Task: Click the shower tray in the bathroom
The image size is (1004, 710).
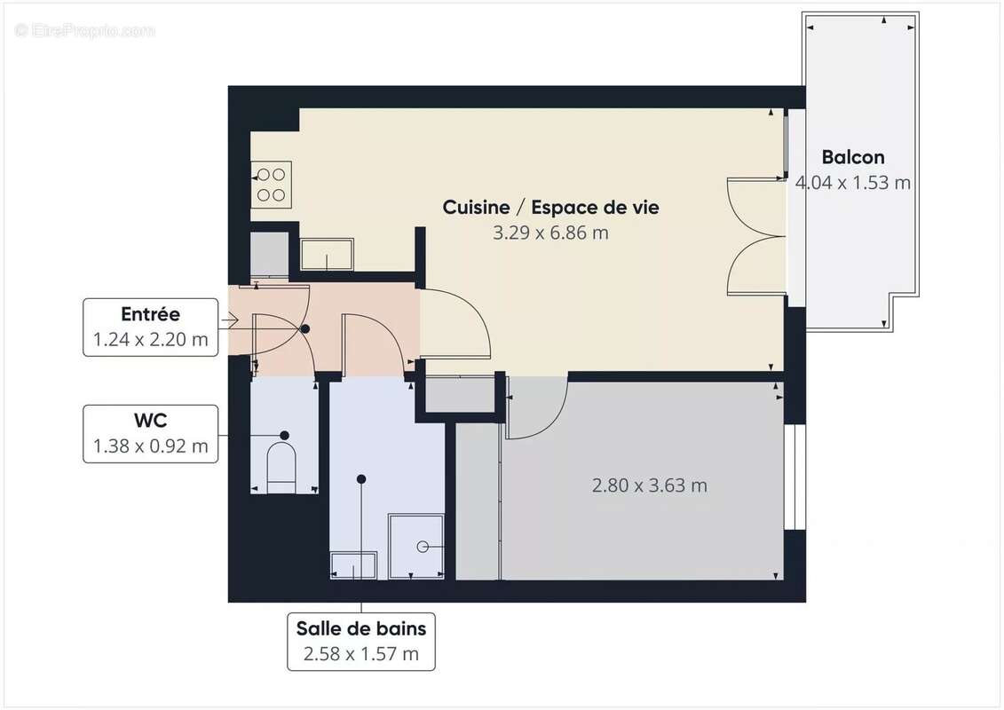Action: (x=416, y=545)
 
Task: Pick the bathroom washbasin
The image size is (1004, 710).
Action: (x=353, y=564)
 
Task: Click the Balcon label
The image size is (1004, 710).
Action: (x=852, y=157)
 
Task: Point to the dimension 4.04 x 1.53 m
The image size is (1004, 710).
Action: (x=852, y=183)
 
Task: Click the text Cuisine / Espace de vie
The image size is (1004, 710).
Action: (x=550, y=207)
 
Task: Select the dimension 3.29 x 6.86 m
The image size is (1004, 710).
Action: (x=550, y=233)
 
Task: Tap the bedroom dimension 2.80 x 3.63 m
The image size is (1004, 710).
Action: (x=649, y=485)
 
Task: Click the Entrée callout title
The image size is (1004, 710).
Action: (x=150, y=314)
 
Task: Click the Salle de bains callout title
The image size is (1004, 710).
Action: (x=360, y=629)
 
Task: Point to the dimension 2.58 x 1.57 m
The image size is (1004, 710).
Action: (x=360, y=655)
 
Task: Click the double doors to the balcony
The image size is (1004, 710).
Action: (x=756, y=236)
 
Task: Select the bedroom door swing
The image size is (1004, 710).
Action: (x=535, y=408)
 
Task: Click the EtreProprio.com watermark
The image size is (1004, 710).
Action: (x=85, y=31)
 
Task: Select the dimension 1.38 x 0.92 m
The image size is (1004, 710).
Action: (x=150, y=446)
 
